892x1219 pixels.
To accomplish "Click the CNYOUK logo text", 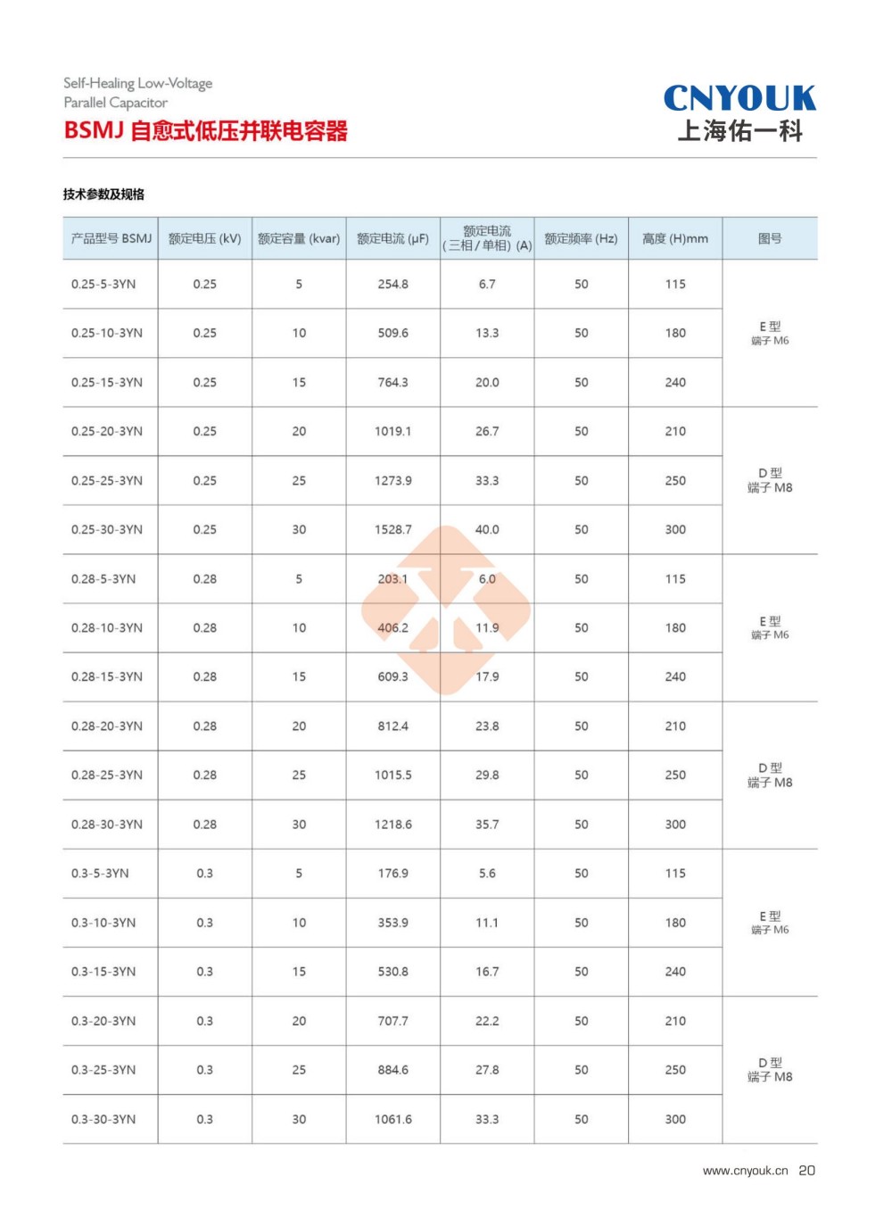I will tap(739, 98).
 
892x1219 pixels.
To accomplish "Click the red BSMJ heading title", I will tap(205, 131).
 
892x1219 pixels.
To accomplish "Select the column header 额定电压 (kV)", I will tap(204, 238).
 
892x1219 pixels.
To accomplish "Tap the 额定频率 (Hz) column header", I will tap(581, 238).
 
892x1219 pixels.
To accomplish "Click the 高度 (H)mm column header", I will tap(675, 238).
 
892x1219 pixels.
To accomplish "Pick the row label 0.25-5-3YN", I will tap(103, 284).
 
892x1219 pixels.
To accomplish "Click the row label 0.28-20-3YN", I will tap(107, 726).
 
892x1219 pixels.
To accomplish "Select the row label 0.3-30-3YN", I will tap(103, 1119).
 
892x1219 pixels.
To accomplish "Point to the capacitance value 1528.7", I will tap(393, 529).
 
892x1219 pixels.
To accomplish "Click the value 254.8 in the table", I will tap(393, 284).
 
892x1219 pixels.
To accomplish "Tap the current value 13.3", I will tap(487, 333).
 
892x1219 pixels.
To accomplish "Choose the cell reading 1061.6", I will tap(393, 1119).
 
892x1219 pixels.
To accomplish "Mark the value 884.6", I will tap(393, 1070).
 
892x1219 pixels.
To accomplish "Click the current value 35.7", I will tap(487, 825).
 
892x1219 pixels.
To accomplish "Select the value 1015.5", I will tap(393, 775).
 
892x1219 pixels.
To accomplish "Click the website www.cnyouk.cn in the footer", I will tap(745, 1171).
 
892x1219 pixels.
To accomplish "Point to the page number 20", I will tap(806, 1171).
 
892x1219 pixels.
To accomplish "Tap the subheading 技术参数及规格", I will tap(103, 195).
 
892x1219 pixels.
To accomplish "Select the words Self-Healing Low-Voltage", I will tap(137, 83).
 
